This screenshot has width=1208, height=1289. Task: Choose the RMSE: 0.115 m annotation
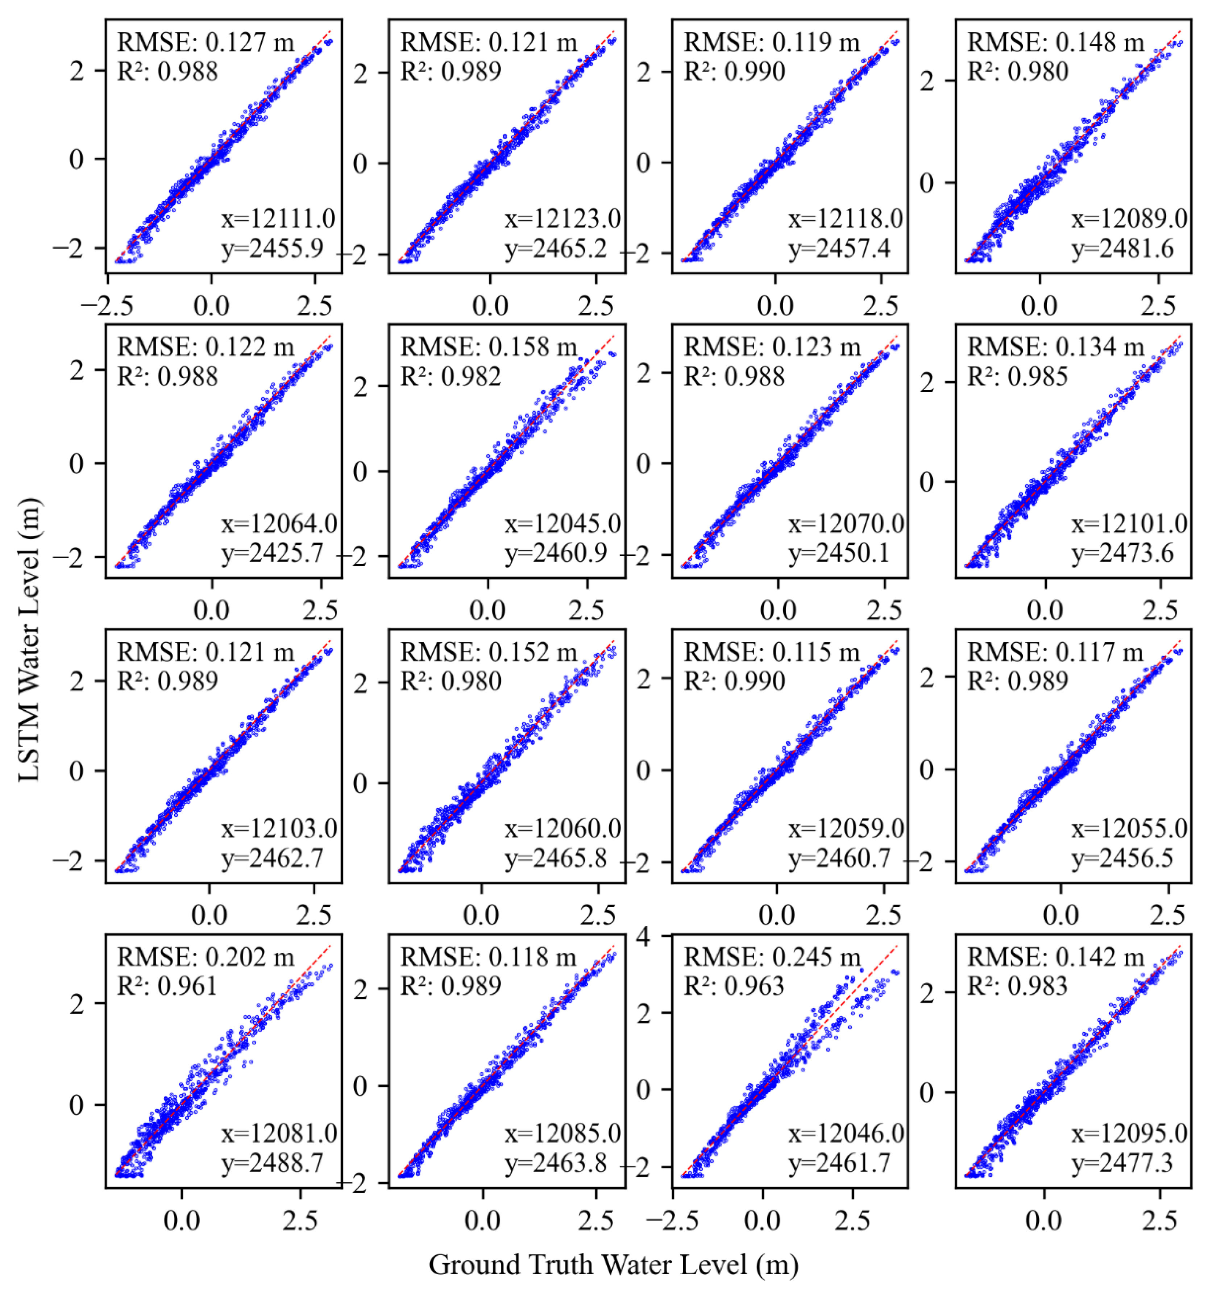pyautogui.click(x=772, y=652)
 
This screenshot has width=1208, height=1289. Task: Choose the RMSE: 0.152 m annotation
pyautogui.click(x=489, y=652)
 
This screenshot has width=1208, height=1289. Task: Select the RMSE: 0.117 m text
pyautogui.click(x=1056, y=652)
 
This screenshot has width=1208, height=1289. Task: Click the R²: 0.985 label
pyautogui.click(x=1018, y=377)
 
